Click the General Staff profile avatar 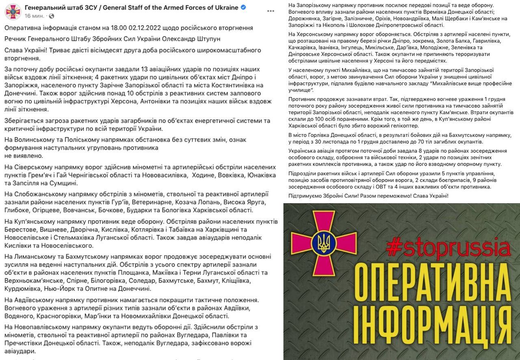click(x=13, y=11)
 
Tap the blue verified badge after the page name click(x=243, y=8)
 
